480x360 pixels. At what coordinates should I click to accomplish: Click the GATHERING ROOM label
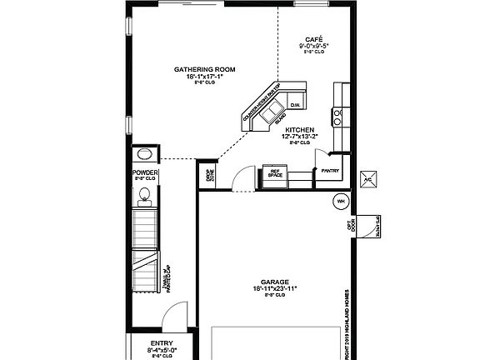[x=203, y=68]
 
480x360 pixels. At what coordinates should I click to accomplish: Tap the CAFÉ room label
[x=313, y=39]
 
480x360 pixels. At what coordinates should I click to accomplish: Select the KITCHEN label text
[x=298, y=131]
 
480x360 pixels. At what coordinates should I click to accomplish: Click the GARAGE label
[x=274, y=282]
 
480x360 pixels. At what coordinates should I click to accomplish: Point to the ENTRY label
[x=162, y=343]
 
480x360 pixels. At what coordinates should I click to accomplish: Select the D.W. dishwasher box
[x=295, y=105]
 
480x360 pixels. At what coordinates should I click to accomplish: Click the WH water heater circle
[x=340, y=202]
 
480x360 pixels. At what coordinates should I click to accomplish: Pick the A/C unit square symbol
[x=368, y=179]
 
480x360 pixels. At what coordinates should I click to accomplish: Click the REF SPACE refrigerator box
[x=275, y=173]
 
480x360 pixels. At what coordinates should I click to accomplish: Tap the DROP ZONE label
[x=211, y=175]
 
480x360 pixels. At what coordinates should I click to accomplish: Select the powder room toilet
[x=144, y=196]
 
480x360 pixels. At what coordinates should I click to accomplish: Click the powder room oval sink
[x=145, y=155]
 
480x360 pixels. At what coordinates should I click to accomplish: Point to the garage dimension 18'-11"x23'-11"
[x=274, y=288]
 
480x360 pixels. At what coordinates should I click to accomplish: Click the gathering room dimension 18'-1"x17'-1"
[x=203, y=76]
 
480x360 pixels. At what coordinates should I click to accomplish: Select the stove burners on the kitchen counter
[x=337, y=115]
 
